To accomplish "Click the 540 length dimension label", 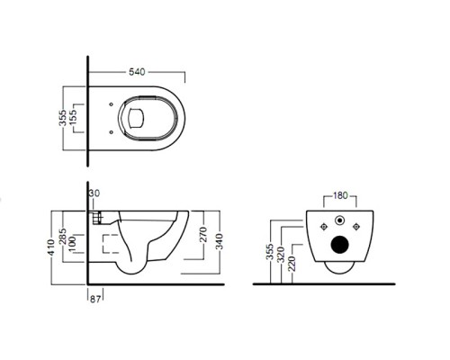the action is [137, 72].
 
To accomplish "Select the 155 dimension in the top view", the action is [73, 118].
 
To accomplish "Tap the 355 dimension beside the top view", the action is [62, 118].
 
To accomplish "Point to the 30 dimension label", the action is [94, 193].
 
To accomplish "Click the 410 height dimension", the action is [52, 247].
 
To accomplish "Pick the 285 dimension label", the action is [62, 237].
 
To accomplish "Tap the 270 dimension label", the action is [203, 235].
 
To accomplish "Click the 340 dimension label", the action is [220, 241].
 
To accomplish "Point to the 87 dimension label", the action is [95, 299].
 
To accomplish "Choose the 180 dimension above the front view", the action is [340, 196].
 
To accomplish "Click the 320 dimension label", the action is [281, 255].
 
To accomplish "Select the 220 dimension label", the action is [292, 264].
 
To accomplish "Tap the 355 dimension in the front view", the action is [270, 252].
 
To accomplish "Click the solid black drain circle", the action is [340, 245].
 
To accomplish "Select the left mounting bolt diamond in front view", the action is [324, 227].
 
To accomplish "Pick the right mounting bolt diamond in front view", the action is [356, 227].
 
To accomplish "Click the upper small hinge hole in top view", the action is [112, 104].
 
